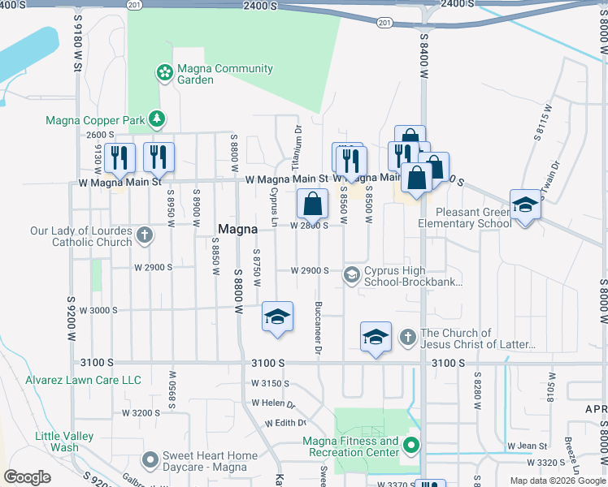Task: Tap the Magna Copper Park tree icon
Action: (157, 121)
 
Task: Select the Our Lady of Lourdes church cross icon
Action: (144, 236)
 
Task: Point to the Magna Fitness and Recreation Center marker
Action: (412, 445)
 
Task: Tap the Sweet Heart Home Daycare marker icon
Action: (149, 461)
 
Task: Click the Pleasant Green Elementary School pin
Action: (525, 206)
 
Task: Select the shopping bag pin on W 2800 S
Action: (312, 205)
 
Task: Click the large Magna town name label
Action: (237, 230)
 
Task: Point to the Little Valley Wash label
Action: (57, 442)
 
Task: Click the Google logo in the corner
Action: (28, 476)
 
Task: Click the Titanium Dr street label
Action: (298, 146)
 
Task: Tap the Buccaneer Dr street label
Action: (316, 329)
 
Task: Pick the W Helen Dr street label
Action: (273, 403)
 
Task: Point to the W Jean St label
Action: (527, 446)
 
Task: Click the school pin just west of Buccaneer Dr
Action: (276, 317)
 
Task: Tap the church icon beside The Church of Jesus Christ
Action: (408, 336)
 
